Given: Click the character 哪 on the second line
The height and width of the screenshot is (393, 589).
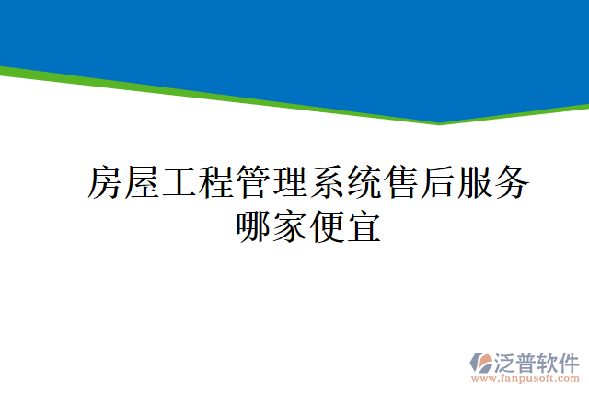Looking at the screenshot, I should (x=254, y=226).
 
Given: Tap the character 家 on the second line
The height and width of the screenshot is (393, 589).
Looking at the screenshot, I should (x=291, y=226).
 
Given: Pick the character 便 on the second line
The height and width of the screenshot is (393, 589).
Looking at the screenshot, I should (x=328, y=226).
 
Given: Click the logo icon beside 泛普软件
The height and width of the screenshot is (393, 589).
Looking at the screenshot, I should (x=483, y=363).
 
